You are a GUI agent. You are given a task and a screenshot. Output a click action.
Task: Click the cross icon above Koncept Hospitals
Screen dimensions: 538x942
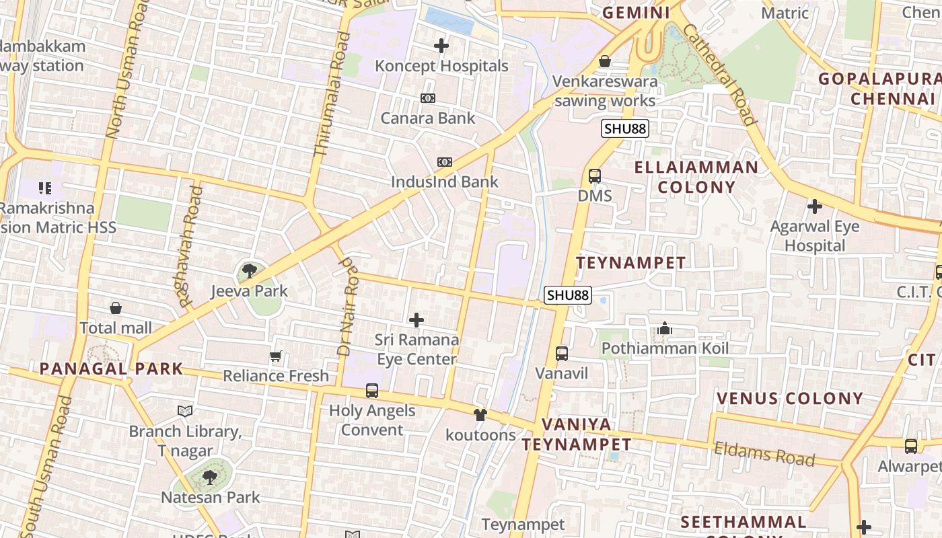click(441, 46)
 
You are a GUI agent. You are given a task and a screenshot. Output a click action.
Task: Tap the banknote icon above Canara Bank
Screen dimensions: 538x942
click(428, 98)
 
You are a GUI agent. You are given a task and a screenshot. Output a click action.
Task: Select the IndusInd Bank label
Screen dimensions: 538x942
click(445, 182)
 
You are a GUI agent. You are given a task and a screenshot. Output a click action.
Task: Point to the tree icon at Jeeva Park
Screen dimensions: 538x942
click(250, 271)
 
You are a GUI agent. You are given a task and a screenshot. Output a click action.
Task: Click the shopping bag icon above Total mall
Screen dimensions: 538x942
click(116, 309)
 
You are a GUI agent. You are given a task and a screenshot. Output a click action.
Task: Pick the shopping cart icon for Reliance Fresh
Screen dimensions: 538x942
click(275, 356)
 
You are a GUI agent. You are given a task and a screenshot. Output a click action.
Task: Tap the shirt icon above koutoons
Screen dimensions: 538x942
click(480, 415)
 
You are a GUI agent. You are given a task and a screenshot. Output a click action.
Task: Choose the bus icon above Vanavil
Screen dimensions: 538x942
click(561, 353)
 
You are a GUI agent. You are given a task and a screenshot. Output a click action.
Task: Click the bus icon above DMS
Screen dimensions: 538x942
click(595, 176)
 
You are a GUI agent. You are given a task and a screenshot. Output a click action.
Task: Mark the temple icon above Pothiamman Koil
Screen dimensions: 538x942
click(665, 329)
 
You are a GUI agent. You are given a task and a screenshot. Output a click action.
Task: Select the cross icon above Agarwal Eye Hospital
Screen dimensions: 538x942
click(815, 206)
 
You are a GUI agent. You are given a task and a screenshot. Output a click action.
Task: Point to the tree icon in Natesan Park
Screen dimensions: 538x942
click(210, 477)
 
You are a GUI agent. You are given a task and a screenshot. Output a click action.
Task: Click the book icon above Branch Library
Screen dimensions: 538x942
click(185, 411)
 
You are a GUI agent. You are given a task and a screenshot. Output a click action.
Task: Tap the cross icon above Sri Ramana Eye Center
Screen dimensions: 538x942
click(416, 320)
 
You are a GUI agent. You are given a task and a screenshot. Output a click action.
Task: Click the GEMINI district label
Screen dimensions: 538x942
click(636, 13)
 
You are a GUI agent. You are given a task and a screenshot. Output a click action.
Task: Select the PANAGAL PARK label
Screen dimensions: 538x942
click(111, 369)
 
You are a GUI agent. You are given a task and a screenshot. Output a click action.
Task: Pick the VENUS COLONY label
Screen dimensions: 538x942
click(789, 398)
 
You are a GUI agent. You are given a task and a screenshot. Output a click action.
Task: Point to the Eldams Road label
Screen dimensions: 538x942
click(764, 454)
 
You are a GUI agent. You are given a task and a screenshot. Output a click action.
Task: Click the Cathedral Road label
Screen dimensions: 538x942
click(719, 74)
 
